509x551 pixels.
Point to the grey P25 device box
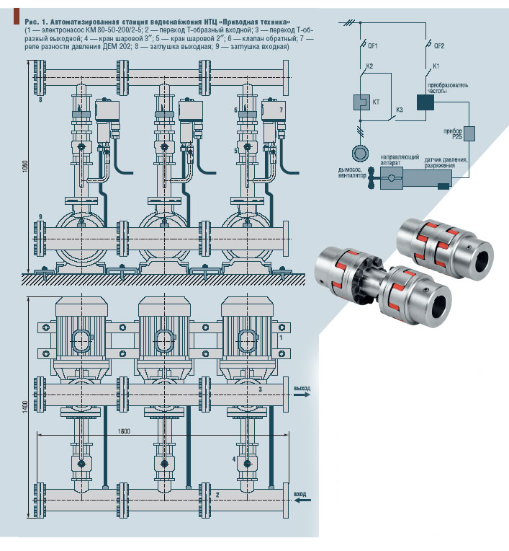pyautogui.click(x=469, y=133)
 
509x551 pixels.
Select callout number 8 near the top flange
pyautogui.click(x=40, y=100)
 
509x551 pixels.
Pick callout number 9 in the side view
pyautogui.click(x=40, y=216)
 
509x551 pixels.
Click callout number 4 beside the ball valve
pyautogui.click(x=233, y=458)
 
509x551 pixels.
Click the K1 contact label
pyautogui.click(x=436, y=66)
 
